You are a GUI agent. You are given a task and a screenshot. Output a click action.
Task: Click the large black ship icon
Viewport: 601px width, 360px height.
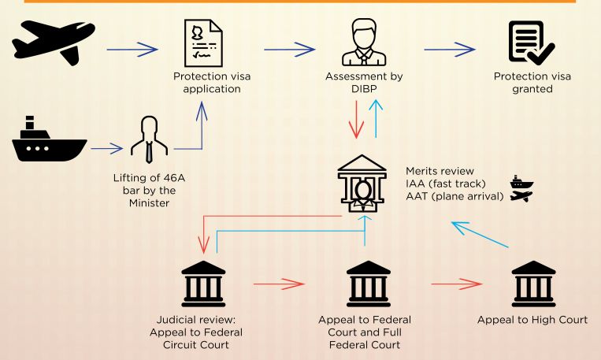(x=48, y=142)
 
